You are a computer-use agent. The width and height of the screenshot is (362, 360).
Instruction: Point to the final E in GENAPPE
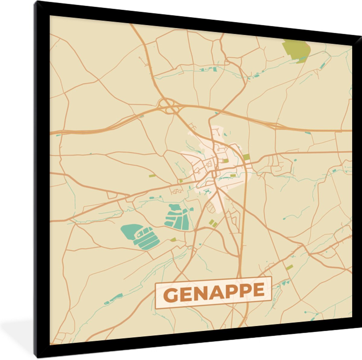(259, 290)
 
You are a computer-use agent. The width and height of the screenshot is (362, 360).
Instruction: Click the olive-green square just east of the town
(246, 157)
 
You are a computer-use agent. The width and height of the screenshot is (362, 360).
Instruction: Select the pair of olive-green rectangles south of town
(213, 223)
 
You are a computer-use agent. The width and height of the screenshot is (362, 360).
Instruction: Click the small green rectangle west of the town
(152, 176)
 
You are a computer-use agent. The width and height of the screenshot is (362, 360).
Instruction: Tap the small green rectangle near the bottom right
(289, 267)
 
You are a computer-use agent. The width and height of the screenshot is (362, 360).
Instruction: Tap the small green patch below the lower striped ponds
(173, 240)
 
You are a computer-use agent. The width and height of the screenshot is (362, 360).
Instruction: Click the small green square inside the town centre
(226, 161)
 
